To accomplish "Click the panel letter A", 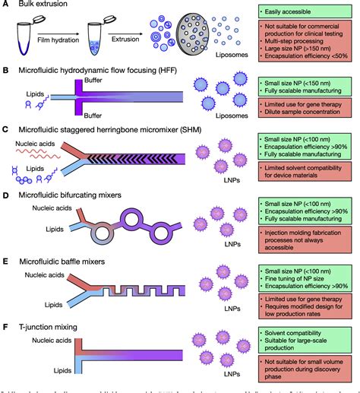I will coord(5,6).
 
